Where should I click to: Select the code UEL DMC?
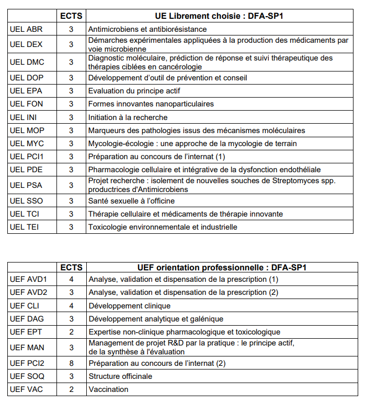[27, 63]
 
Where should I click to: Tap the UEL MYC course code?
[27, 144]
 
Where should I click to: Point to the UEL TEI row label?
[25, 227]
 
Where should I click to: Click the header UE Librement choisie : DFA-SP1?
[223, 16]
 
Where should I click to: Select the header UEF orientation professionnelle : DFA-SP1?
[223, 267]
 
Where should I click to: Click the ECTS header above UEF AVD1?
[71, 267]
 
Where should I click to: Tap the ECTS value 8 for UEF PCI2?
[71, 363]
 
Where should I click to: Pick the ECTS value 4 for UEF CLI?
[71, 306]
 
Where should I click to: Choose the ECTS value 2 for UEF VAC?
[71, 389]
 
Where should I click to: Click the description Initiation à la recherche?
[128, 117]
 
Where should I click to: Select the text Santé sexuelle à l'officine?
[131, 201]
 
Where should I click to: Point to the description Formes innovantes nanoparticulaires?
[151, 104]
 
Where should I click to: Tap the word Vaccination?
[108, 389]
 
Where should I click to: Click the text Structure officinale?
[120, 376]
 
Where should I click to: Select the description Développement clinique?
[129, 306]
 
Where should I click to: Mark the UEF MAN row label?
[27, 348]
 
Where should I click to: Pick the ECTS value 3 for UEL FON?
[71, 104]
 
